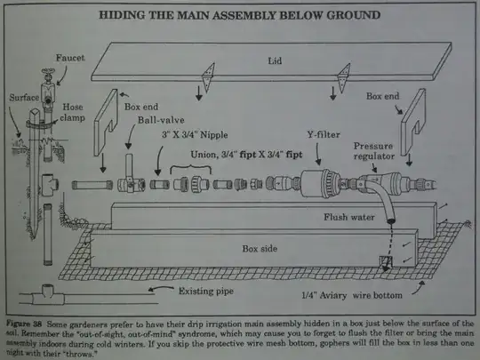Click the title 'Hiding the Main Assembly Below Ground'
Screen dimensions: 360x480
coord(241,16)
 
